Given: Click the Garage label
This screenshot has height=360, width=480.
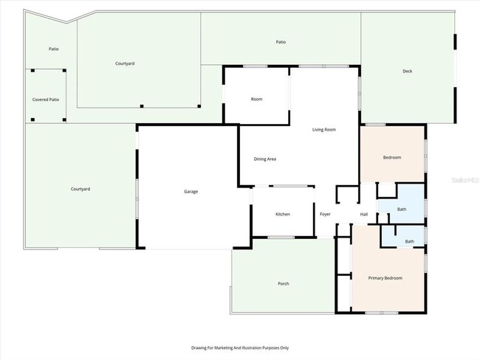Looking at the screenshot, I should click(x=191, y=192).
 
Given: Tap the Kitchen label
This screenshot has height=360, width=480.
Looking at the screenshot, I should click(x=283, y=214).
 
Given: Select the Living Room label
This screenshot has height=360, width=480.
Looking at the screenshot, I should click(x=324, y=130).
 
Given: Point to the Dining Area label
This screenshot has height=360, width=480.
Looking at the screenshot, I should click(x=265, y=159).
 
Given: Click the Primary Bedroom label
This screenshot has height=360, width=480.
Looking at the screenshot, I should click(x=385, y=278).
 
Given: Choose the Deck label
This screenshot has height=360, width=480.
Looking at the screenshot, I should click(x=407, y=72).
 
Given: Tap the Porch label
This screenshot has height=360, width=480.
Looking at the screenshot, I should click(x=283, y=284).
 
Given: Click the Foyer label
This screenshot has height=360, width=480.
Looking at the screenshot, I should click(x=325, y=215).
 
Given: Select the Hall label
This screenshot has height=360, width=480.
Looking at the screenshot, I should click(x=364, y=215).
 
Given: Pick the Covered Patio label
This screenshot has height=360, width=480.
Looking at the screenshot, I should click(x=46, y=99).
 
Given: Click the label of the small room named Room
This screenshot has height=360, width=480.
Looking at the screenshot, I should click(x=256, y=99).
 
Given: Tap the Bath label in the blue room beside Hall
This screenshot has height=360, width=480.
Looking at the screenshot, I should click(x=402, y=210).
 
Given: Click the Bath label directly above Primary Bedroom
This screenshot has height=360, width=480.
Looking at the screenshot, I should click(x=409, y=241).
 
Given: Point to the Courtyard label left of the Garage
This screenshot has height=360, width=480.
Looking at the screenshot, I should click(x=80, y=190).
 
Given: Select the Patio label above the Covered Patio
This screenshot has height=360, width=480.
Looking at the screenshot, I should click(x=53, y=49).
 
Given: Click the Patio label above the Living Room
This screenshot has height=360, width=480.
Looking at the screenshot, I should click(x=281, y=42).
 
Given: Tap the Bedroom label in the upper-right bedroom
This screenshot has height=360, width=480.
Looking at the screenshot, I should click(x=391, y=158).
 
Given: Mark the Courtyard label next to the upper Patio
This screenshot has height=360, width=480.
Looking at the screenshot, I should click(x=125, y=63).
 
